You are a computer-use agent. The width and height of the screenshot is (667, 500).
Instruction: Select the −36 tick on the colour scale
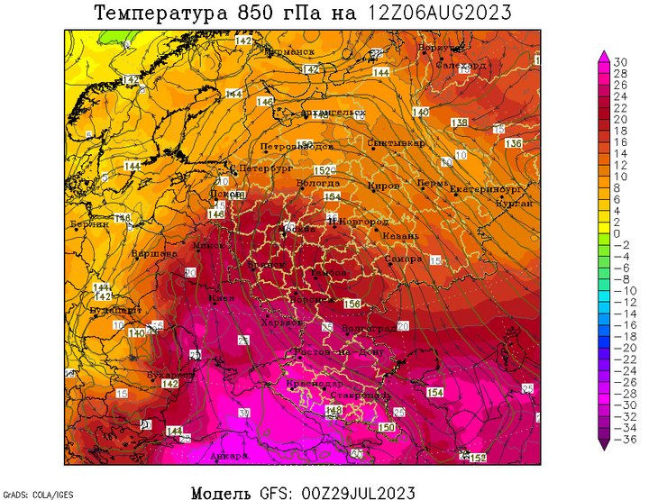pyautogui.click(x=620, y=440)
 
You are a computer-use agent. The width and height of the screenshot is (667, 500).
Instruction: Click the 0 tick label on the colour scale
pyautogui.click(x=617, y=233)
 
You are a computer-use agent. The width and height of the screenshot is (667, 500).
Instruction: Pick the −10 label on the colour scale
pyautogui.click(x=620, y=290)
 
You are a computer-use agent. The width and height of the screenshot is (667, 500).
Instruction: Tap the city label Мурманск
pyautogui.click(x=288, y=52)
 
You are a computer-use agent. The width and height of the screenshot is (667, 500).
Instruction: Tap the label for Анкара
pyautogui.click(x=227, y=456)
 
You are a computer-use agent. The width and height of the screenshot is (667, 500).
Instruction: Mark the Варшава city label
pyautogui.click(x=154, y=254)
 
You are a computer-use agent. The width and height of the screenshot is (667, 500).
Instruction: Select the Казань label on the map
pyautogui.click(x=400, y=236)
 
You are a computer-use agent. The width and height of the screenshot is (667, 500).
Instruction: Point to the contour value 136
pyautogui.click(x=514, y=144)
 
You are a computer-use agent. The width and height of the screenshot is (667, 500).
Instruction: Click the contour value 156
pyautogui.click(x=352, y=305)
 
